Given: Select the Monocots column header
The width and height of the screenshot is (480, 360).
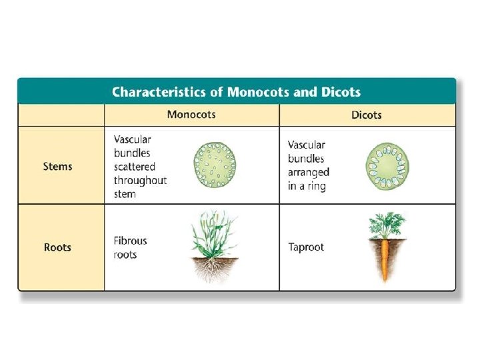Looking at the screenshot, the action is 191,115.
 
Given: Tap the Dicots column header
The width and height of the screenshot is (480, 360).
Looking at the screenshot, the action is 367,115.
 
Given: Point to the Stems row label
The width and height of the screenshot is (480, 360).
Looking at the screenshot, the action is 57,166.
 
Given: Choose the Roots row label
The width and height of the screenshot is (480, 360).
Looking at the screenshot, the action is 57,247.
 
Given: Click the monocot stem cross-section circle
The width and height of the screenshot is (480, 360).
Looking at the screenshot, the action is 215,165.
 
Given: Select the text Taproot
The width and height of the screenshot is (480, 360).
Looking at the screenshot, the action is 306,247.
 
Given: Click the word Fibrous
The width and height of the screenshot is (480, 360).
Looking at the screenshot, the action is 131,241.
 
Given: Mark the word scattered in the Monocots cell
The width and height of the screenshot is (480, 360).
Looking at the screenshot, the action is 135,167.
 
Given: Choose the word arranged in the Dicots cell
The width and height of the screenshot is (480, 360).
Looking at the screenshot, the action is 309,173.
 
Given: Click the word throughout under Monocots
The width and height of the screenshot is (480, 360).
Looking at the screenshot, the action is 140,181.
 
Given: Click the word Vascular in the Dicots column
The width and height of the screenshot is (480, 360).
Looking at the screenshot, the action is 307,145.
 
